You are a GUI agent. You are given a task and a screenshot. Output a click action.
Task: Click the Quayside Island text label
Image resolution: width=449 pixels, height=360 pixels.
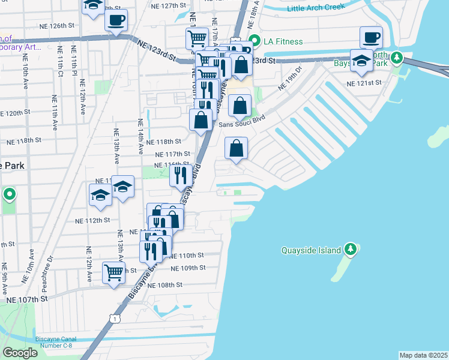[312, 251]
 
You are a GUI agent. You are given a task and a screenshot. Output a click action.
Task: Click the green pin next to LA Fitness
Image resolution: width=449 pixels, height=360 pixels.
[254, 41]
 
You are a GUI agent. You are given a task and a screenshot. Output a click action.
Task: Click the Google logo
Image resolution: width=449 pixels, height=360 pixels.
[20, 352]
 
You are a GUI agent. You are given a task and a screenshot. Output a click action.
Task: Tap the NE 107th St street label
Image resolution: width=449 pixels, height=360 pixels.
[26, 299]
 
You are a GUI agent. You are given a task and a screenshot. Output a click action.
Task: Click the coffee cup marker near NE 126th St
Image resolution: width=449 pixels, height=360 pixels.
[115, 20]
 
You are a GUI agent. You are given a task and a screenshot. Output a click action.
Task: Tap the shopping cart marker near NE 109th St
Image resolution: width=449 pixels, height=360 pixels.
[113, 272]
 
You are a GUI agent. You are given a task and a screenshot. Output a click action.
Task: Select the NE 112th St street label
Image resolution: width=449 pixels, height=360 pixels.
[93, 220]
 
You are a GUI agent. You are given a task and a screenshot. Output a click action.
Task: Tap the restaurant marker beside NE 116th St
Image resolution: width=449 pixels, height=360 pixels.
[181, 175]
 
